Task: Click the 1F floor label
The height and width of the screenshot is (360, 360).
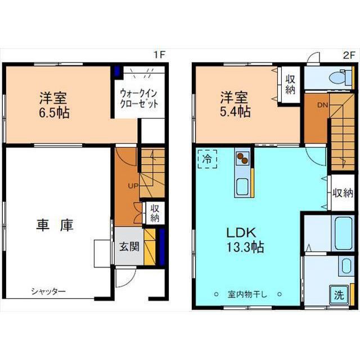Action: [x=159, y=55]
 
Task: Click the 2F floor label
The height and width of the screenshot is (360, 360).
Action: [x=349, y=55]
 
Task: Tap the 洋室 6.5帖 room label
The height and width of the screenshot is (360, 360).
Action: [x=54, y=105]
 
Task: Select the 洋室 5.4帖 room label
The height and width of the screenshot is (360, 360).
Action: [x=235, y=105]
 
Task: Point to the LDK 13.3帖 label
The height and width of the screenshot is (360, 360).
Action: [x=245, y=240]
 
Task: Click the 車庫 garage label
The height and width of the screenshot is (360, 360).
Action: [x=55, y=225]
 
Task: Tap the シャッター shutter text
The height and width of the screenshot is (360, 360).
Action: [x=48, y=291]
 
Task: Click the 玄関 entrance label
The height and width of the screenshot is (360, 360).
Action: [x=129, y=247]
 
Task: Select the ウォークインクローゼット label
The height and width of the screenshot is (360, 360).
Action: [x=139, y=99]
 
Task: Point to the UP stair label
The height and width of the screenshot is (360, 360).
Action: [x=133, y=186]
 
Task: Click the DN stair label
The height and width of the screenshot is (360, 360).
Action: [x=322, y=105]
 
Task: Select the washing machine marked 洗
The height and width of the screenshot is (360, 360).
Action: [x=339, y=295]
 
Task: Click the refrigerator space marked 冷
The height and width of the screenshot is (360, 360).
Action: [x=208, y=159]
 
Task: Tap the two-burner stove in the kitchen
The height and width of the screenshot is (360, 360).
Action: [x=242, y=159]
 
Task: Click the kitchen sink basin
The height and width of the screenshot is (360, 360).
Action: [x=242, y=186]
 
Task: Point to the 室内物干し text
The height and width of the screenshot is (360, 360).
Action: [x=247, y=294]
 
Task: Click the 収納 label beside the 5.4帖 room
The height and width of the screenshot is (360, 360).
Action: [x=290, y=85]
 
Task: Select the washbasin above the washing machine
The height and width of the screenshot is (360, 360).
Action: [x=346, y=266]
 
